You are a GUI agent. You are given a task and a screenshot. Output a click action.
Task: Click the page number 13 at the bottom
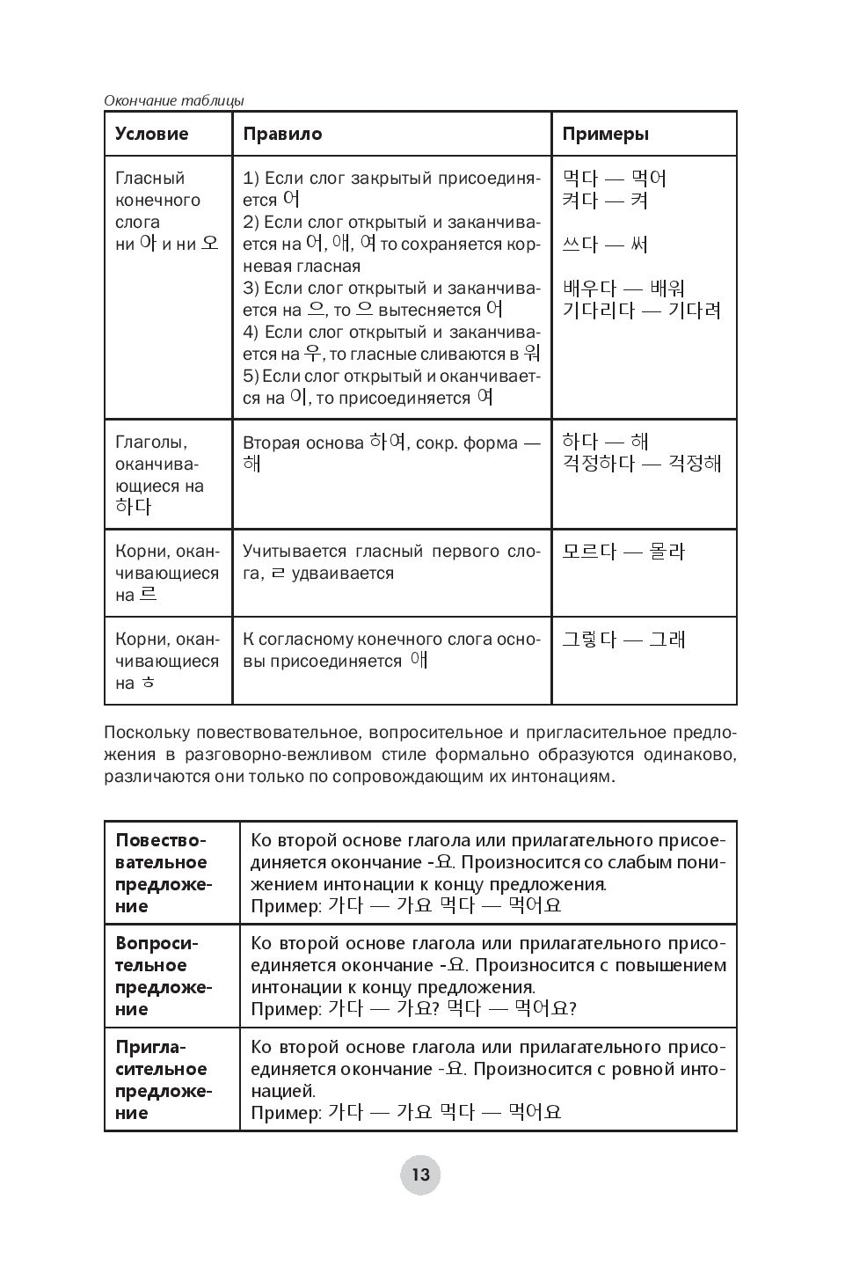tap(419, 1174)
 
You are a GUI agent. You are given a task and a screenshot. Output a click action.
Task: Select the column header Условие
tap(152, 135)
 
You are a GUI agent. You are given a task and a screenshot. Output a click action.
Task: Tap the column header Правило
tap(282, 135)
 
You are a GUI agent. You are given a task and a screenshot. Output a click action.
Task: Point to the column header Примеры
tap(606, 135)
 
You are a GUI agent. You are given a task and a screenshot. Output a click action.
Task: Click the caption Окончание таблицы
tap(173, 100)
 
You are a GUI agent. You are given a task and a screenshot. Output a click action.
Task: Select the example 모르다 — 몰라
tap(623, 552)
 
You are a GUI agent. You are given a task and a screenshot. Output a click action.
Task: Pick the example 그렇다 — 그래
tap(623, 640)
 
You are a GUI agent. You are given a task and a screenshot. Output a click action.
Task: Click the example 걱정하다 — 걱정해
tap(641, 464)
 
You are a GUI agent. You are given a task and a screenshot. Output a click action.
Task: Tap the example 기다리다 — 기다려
tap(641, 311)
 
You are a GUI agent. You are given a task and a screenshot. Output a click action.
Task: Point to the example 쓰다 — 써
tap(605, 245)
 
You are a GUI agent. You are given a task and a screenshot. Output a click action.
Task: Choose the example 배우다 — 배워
tap(623, 289)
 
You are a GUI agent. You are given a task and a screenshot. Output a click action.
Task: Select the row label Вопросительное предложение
tap(162, 976)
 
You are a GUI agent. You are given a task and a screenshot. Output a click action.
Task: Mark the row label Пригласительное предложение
tap(162, 1079)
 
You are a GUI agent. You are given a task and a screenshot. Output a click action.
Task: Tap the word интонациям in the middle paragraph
tap(555, 778)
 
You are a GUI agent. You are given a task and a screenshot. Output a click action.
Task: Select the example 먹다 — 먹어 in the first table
tap(614, 179)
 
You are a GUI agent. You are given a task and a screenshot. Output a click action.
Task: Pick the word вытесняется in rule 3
tap(431, 311)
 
